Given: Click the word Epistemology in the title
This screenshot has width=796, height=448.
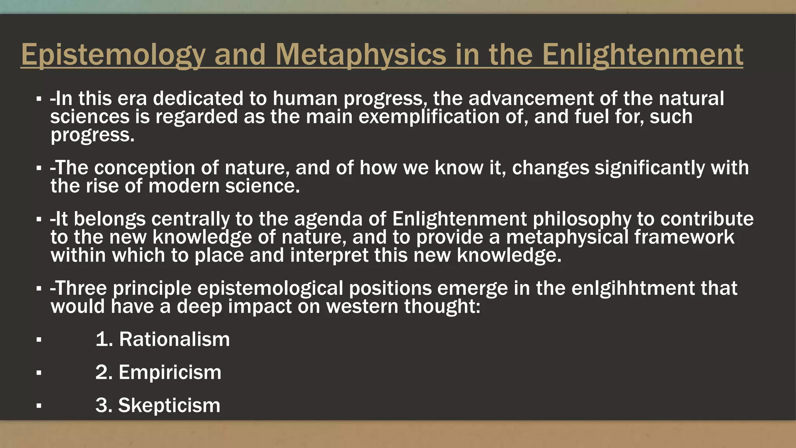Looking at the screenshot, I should tap(113, 54).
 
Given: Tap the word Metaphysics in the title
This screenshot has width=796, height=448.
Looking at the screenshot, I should tap(360, 54).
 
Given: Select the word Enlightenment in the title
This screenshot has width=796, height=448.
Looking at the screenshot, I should tap(642, 54).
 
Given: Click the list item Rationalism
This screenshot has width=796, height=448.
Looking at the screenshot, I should tap(174, 339).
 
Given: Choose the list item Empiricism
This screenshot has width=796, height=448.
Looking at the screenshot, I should tap(170, 372).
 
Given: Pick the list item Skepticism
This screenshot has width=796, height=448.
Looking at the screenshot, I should tap(169, 405).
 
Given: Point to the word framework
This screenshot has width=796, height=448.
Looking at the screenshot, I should tap(684, 237).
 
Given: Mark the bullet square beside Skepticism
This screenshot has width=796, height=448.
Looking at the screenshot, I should tap(38, 406).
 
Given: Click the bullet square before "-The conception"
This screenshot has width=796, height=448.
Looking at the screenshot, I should tap(38, 169).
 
